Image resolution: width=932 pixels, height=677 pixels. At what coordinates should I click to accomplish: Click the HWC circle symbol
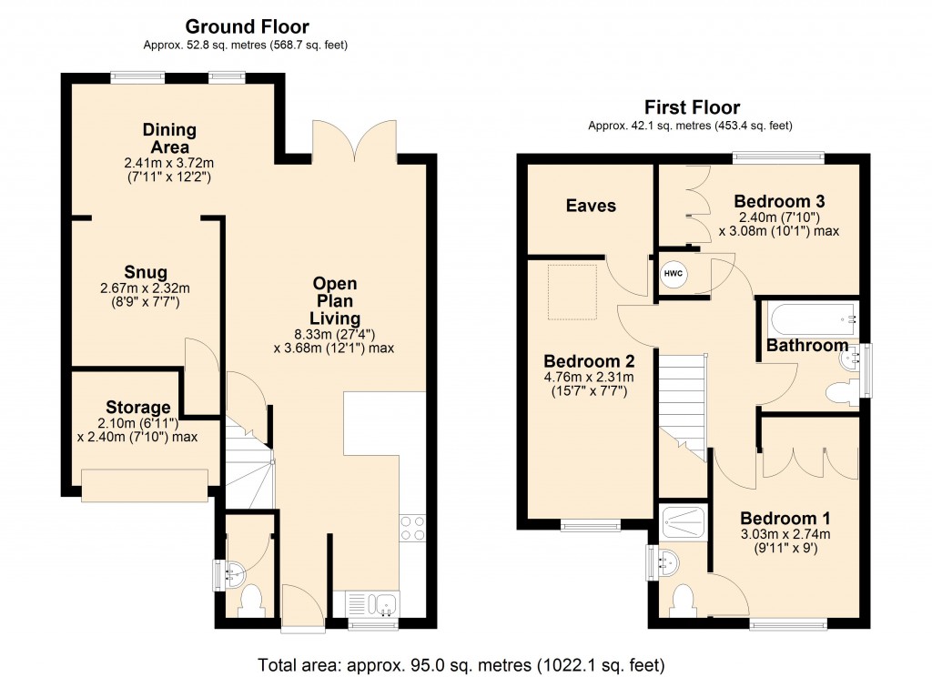point(673,274)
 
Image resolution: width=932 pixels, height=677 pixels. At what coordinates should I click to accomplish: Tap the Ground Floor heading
point(247,27)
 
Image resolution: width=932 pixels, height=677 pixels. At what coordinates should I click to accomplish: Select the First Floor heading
point(692,107)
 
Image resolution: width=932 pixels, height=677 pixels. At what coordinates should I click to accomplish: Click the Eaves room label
point(592,206)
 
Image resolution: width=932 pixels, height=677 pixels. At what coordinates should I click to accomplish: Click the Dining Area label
point(169,138)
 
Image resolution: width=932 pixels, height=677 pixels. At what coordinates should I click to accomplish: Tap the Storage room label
point(138,407)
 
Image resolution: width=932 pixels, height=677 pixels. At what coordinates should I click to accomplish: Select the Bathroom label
point(806,346)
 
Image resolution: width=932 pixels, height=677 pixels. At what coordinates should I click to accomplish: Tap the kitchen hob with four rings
point(411,528)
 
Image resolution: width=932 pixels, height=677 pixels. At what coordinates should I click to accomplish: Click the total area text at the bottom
point(466,662)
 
